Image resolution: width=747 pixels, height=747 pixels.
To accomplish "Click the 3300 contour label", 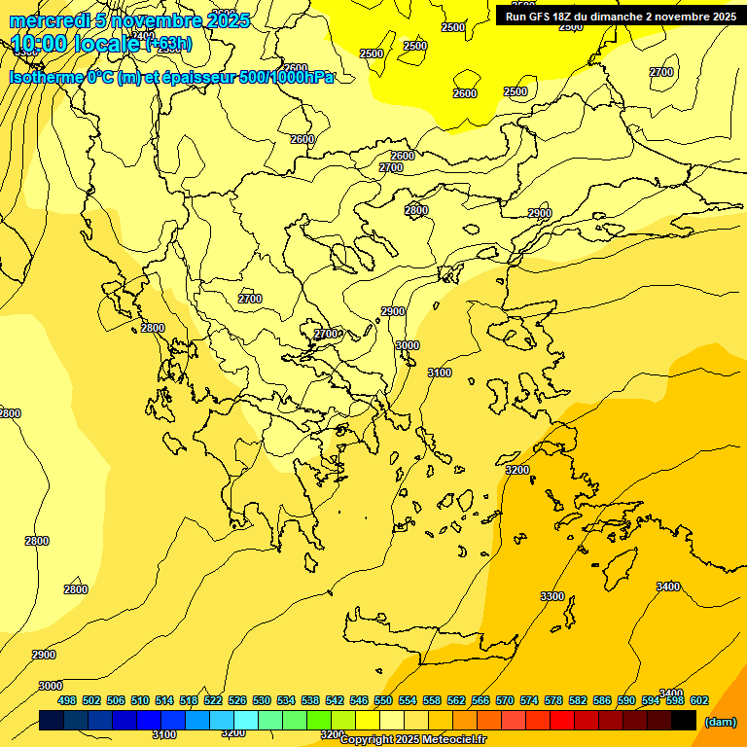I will [551, 596].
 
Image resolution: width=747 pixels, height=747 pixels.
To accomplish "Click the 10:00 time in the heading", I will [41, 44].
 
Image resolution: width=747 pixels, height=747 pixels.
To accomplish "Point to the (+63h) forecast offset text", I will [168, 44].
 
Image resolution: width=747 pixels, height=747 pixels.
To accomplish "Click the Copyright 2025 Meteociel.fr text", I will [412, 740].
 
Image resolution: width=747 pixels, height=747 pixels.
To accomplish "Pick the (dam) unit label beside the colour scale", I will [720, 721].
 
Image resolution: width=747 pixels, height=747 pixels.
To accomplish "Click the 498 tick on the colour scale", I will [67, 700].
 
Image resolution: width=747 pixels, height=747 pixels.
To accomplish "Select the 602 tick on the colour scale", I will [698, 700].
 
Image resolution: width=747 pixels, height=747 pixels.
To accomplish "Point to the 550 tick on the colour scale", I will [383, 700].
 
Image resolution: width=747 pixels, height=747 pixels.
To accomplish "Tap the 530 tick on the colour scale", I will [262, 700].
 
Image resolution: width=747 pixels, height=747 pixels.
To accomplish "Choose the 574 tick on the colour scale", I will [529, 700].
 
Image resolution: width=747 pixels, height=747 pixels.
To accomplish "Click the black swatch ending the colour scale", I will [684, 720].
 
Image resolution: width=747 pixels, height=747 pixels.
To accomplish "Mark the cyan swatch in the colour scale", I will [246, 720].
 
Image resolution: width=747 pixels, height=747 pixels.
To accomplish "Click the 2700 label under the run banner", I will [661, 72].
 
